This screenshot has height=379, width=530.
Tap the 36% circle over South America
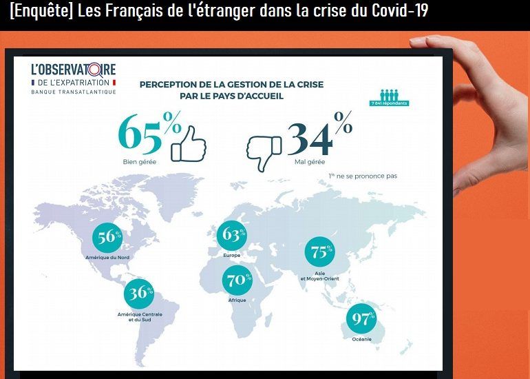(x=140, y=293)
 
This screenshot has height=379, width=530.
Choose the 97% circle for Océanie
(x=362, y=319)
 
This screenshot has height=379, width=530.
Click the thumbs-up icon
(x=188, y=143)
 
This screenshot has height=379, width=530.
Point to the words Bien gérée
(x=136, y=163)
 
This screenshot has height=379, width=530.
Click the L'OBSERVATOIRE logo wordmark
(x=74, y=70)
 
